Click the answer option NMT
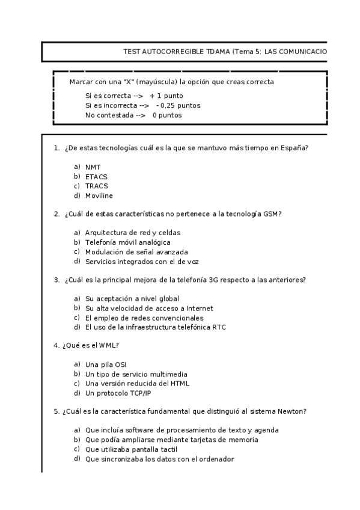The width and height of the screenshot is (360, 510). [x=93, y=167]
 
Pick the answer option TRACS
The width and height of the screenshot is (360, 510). [x=96, y=186]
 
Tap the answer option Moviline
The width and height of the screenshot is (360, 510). [x=99, y=195]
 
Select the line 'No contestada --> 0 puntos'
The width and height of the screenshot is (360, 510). [x=133, y=115]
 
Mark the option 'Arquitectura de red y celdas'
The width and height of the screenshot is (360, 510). [x=132, y=232]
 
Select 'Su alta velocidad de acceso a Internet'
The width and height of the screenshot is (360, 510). [x=149, y=308]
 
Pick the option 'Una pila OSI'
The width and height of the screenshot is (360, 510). [x=106, y=364]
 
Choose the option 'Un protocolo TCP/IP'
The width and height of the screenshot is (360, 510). [x=118, y=393]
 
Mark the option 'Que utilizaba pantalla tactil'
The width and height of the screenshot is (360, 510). [x=132, y=449]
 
